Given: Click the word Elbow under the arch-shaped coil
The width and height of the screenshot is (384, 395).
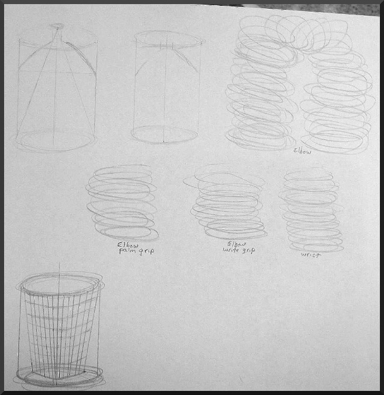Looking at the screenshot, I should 303,150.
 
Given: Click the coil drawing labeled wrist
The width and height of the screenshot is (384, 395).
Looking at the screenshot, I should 311,211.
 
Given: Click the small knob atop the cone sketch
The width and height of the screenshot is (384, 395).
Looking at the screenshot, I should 57,26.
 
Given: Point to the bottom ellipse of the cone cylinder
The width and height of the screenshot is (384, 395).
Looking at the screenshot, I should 56,140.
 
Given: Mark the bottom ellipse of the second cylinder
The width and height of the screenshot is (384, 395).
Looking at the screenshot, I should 164,134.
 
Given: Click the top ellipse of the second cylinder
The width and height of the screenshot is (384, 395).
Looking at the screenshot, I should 168,39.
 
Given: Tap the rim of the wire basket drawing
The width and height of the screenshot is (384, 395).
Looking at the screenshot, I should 60,285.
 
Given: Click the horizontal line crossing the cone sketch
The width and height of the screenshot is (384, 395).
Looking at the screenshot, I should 57,72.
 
